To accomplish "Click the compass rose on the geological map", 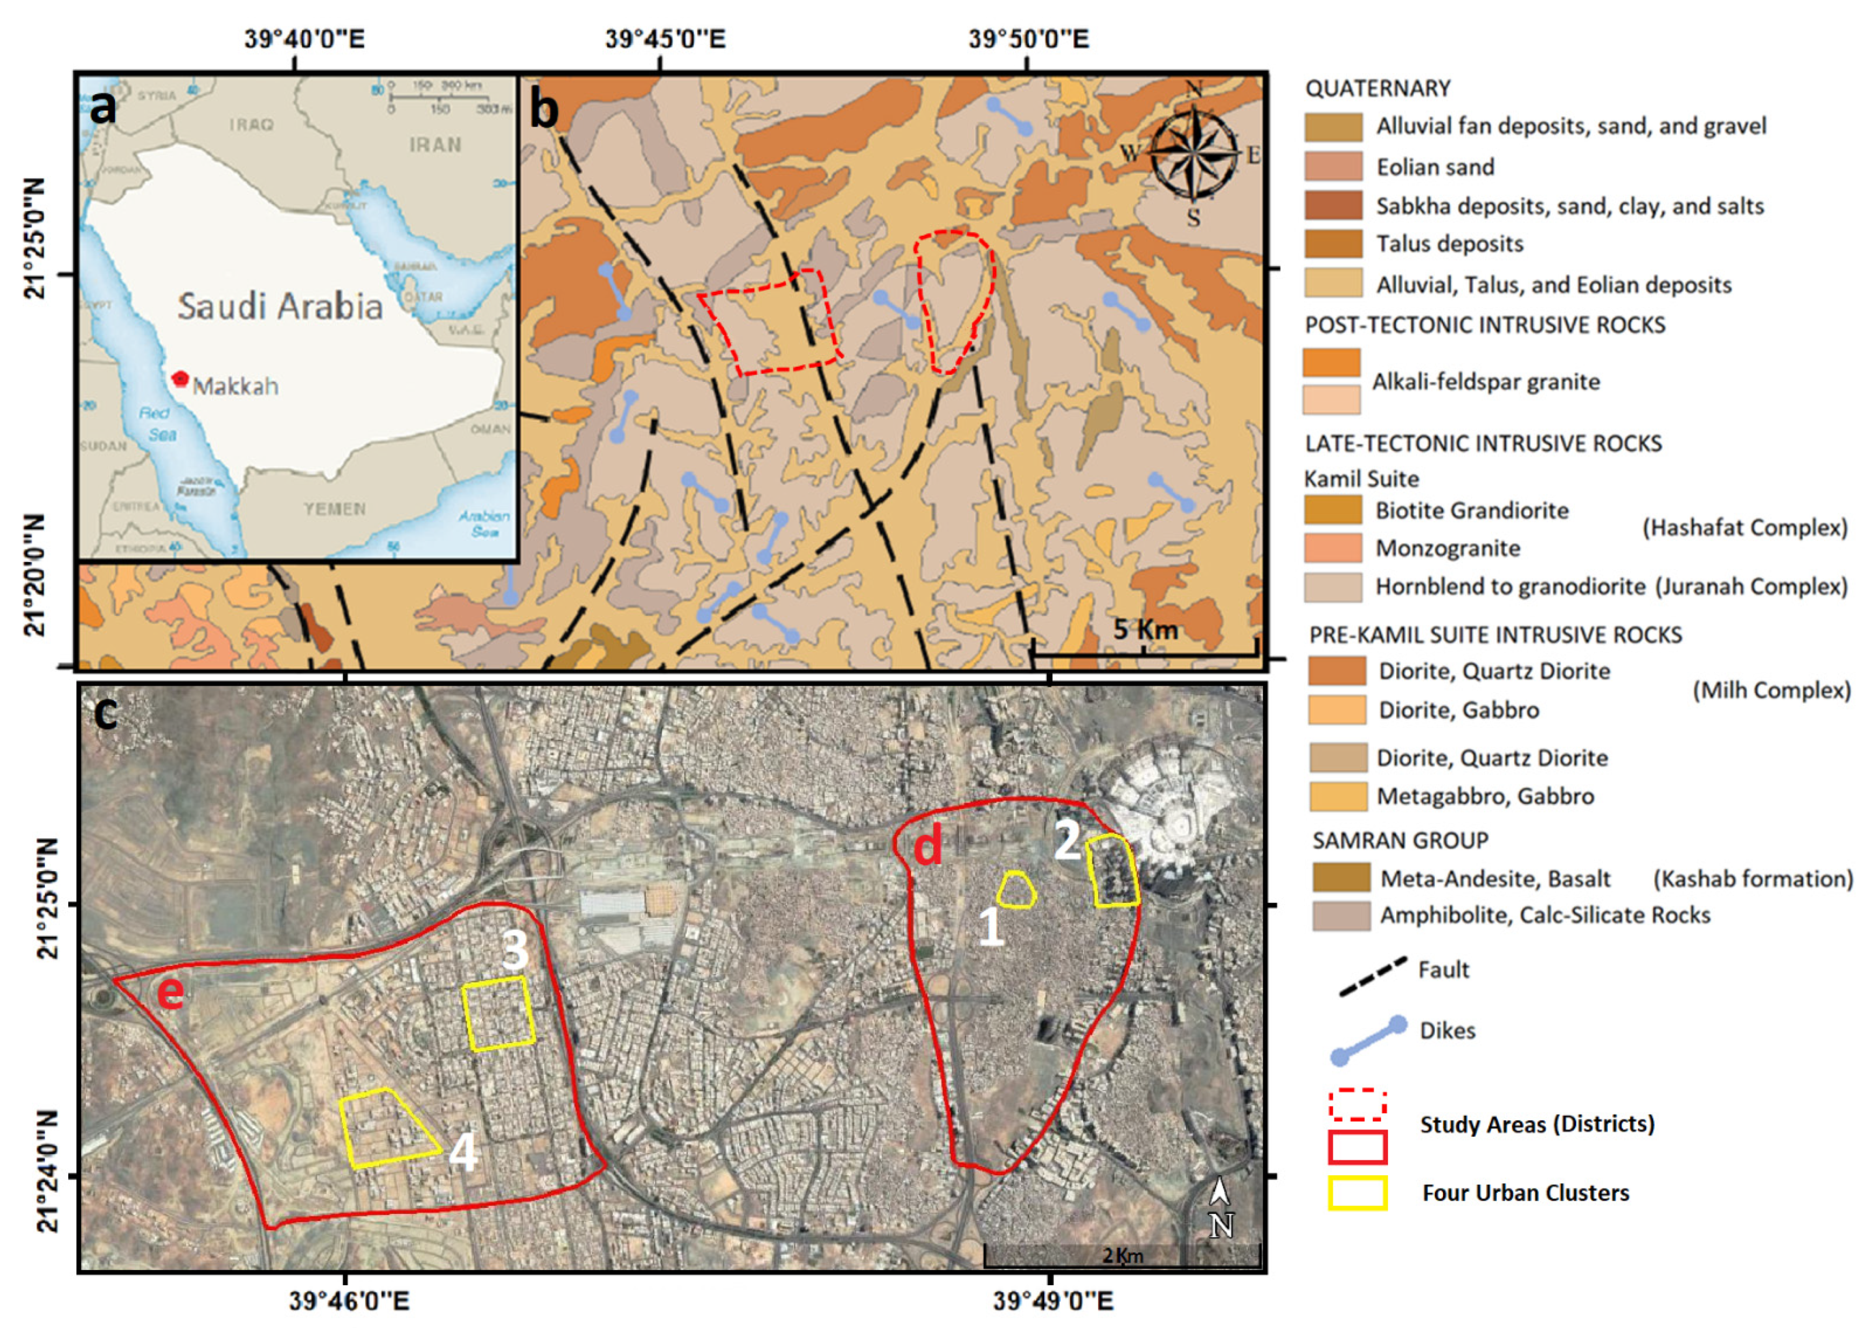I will [1193, 153].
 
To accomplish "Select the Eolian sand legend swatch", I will [1333, 166].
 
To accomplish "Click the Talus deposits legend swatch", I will [1333, 244].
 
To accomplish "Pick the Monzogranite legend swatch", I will [1333, 548].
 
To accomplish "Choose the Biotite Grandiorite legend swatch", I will [1333, 510].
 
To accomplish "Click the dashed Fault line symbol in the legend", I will [1372, 976].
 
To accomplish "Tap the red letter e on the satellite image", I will [170, 992].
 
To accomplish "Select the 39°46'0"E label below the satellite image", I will [349, 1300].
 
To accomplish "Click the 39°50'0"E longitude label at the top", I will [1029, 39].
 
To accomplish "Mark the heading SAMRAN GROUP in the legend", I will [1400, 840].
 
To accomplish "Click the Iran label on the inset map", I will [435, 145].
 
